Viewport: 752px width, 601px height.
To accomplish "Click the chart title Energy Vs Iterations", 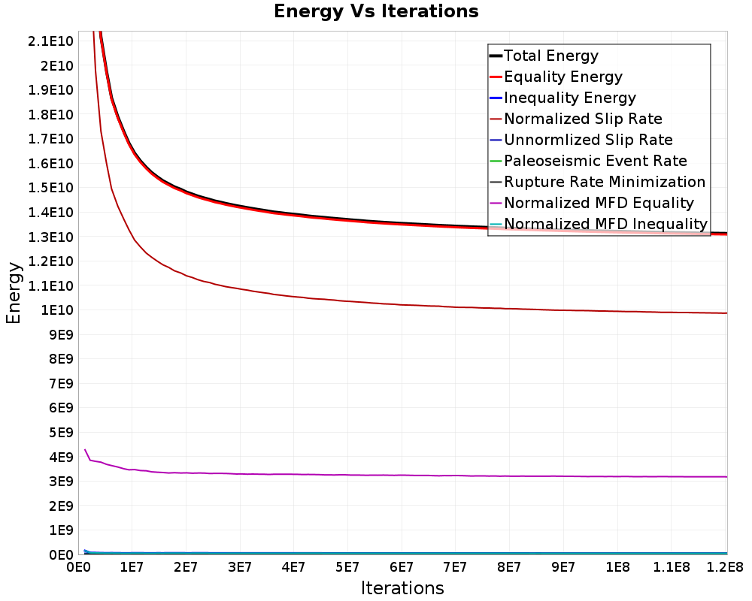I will [x=376, y=11].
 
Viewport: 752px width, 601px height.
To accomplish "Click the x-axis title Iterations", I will [x=402, y=587].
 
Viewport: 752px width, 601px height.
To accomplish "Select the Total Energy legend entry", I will [x=550, y=56].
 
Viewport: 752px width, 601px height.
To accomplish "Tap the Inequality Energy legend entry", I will [x=569, y=98].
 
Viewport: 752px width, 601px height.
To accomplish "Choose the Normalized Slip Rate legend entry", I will [x=583, y=119].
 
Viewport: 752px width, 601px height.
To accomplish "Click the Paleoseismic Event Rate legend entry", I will [x=595, y=162].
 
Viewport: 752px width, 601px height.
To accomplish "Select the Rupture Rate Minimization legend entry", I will [x=605, y=183].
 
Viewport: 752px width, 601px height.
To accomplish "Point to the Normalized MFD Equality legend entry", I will [x=599, y=204].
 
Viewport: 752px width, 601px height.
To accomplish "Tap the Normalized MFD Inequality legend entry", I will [x=605, y=225].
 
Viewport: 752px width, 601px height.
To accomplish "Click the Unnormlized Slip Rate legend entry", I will [x=588, y=140].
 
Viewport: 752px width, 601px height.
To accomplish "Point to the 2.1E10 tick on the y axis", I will [x=52, y=41].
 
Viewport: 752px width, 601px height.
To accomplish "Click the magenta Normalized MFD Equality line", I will [x=376, y=475].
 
